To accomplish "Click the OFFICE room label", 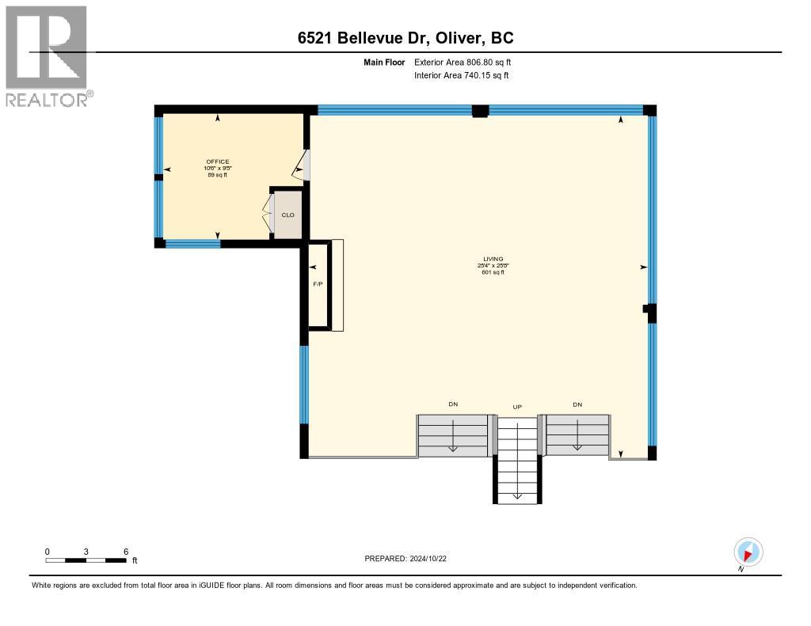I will point(218,161).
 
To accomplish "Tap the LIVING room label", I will point(493,259).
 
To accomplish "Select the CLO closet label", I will point(288,214).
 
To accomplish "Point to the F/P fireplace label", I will point(318,283).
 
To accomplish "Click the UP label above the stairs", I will point(517,407).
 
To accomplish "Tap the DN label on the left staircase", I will point(453,404).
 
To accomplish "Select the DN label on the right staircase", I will point(577,404).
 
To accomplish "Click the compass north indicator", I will point(748,552).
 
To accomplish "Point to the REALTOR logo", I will point(48,56).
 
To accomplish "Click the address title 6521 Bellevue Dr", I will point(405,38).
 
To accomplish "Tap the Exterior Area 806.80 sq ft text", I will point(468,62).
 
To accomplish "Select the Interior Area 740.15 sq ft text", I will point(462,75).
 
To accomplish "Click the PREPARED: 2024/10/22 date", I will point(411,558).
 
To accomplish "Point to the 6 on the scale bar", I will point(125,551).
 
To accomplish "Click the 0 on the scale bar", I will point(47,551).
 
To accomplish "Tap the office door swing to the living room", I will point(302,166).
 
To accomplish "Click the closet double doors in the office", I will point(268,214).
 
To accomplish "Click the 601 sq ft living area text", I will point(493,272).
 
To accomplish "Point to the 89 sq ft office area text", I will point(218,175).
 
